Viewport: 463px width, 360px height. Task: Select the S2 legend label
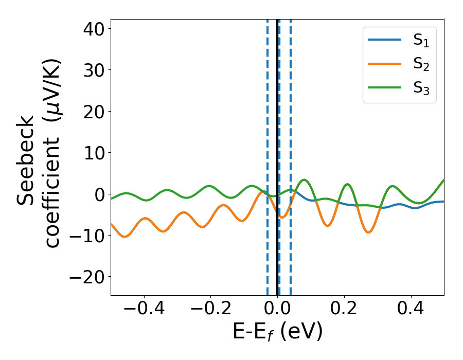tap(421, 65)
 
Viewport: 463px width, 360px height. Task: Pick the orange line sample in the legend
tap(384, 64)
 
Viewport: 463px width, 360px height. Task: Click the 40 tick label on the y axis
tap(93, 29)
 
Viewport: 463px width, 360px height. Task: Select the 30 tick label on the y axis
tap(93, 70)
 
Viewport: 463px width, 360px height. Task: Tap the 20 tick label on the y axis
tap(93, 112)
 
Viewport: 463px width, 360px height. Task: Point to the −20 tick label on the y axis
tap(87, 277)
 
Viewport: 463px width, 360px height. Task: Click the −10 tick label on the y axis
tap(87, 236)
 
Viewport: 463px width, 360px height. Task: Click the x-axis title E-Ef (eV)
tap(278, 332)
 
